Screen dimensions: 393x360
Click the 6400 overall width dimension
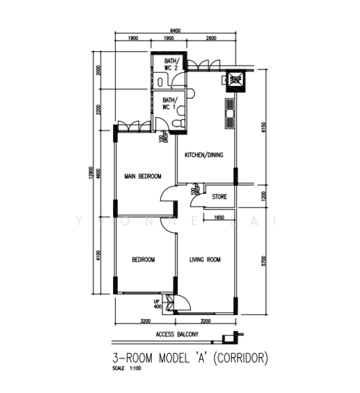coord(175,30)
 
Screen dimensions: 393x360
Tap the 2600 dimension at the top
coord(210,39)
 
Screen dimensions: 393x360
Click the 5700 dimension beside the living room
coord(264,261)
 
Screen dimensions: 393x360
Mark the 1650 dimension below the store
coord(220,218)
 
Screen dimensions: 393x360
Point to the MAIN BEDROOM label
coord(143,176)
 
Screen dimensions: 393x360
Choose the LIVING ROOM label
coord(205,260)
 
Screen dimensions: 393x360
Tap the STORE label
coord(219,195)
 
